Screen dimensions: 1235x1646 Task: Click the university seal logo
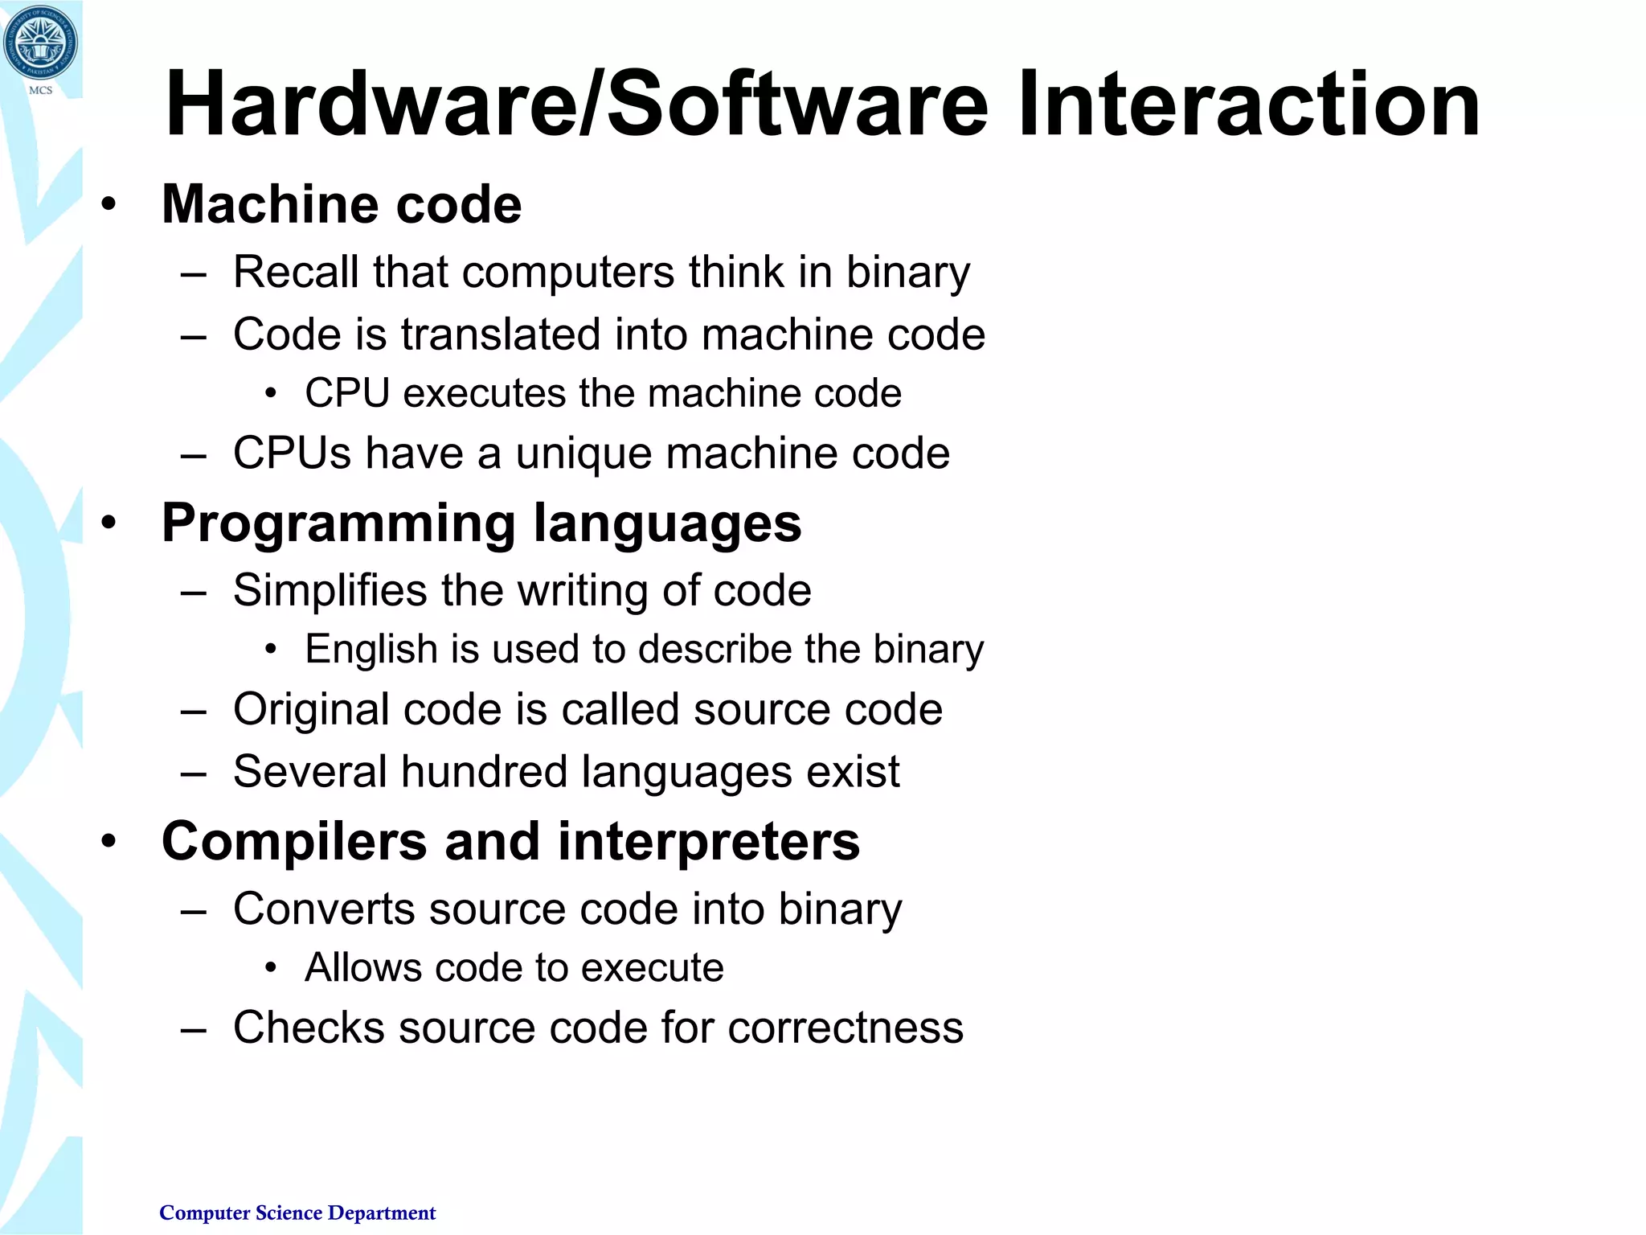[40, 42]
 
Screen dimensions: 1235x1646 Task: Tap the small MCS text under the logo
[40, 90]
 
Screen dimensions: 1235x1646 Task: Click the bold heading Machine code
[342, 204]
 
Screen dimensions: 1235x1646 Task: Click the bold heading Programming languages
[481, 523]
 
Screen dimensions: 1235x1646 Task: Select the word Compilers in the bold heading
[293, 842]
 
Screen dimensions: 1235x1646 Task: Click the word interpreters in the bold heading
[709, 842]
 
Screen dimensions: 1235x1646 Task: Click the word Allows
[362, 967]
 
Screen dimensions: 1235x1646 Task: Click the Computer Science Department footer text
[297, 1212]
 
